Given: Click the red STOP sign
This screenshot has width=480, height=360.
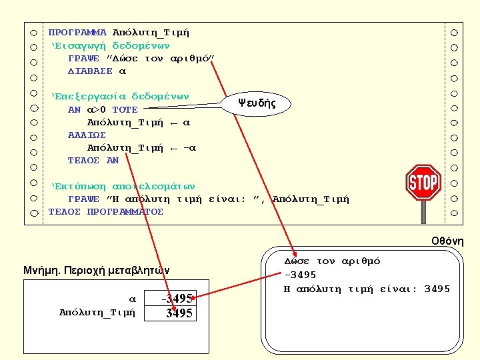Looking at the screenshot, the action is (x=423, y=182).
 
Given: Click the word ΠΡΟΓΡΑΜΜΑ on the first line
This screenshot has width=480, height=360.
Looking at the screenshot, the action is (x=77, y=32).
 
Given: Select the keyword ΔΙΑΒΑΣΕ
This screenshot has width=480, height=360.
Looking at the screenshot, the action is (x=91, y=71).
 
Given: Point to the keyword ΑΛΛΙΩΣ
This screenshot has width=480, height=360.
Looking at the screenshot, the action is (x=87, y=135).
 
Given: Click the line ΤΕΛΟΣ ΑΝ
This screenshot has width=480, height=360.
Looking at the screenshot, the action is (x=93, y=160).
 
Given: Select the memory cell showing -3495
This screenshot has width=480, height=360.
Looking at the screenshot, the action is (x=178, y=297).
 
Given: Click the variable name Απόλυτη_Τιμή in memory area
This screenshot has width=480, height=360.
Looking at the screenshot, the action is (x=97, y=311).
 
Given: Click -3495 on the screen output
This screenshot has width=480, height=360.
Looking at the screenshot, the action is (x=301, y=275).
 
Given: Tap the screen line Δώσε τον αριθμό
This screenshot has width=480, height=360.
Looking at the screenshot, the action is (x=332, y=261).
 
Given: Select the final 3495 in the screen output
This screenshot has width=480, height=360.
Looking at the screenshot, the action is (x=437, y=288).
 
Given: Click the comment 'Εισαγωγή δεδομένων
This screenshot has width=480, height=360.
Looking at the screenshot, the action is (x=111, y=45).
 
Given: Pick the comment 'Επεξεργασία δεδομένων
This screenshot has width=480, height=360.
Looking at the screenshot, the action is (x=121, y=96).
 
